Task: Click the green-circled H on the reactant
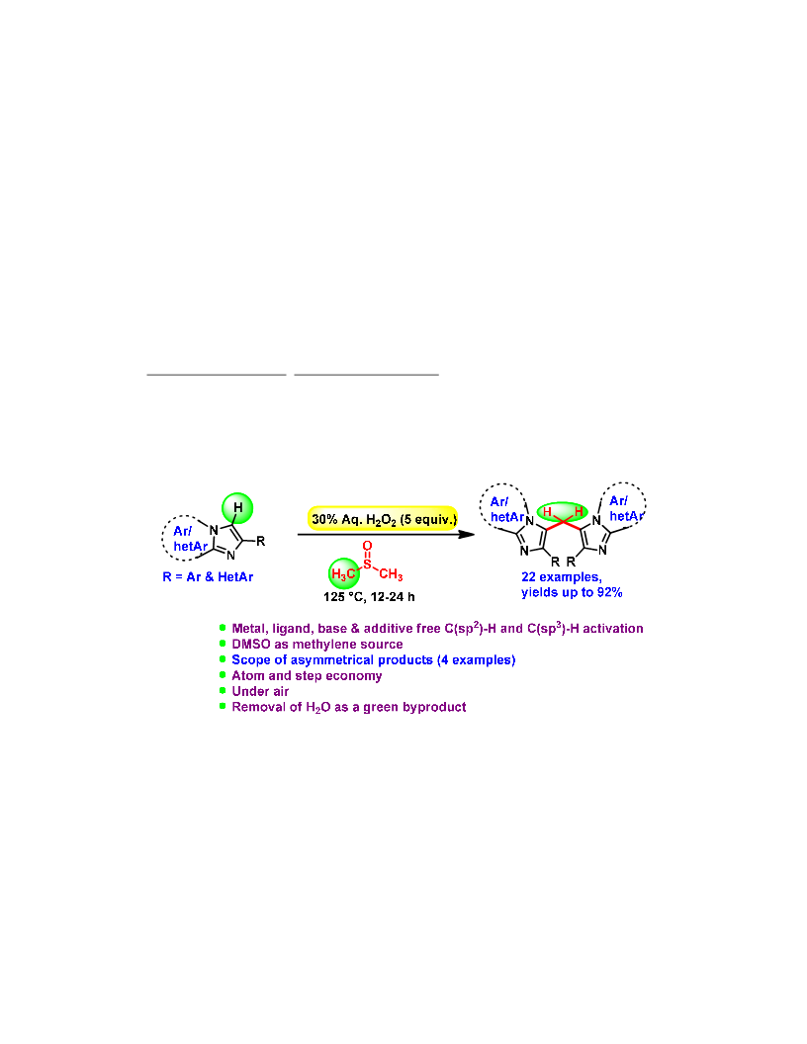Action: click(x=237, y=508)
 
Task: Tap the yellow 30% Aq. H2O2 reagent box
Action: click(x=383, y=519)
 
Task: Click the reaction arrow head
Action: click(x=467, y=534)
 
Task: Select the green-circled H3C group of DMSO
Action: click(x=344, y=573)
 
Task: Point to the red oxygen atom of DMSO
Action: click(x=367, y=546)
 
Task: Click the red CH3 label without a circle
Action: click(x=391, y=574)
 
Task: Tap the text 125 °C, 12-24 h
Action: click(x=369, y=597)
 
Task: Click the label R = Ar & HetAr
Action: click(x=208, y=576)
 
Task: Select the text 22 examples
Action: click(x=562, y=577)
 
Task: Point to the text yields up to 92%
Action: click(x=572, y=592)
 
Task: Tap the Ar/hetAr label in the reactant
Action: click(x=191, y=539)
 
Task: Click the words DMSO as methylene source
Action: click(x=316, y=644)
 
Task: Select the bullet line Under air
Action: click(x=260, y=691)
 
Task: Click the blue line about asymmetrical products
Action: click(x=374, y=659)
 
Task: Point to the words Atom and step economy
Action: click(x=307, y=676)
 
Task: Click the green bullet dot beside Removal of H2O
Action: click(x=223, y=706)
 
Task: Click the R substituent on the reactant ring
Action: click(x=260, y=542)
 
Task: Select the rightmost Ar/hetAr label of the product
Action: click(x=626, y=509)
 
